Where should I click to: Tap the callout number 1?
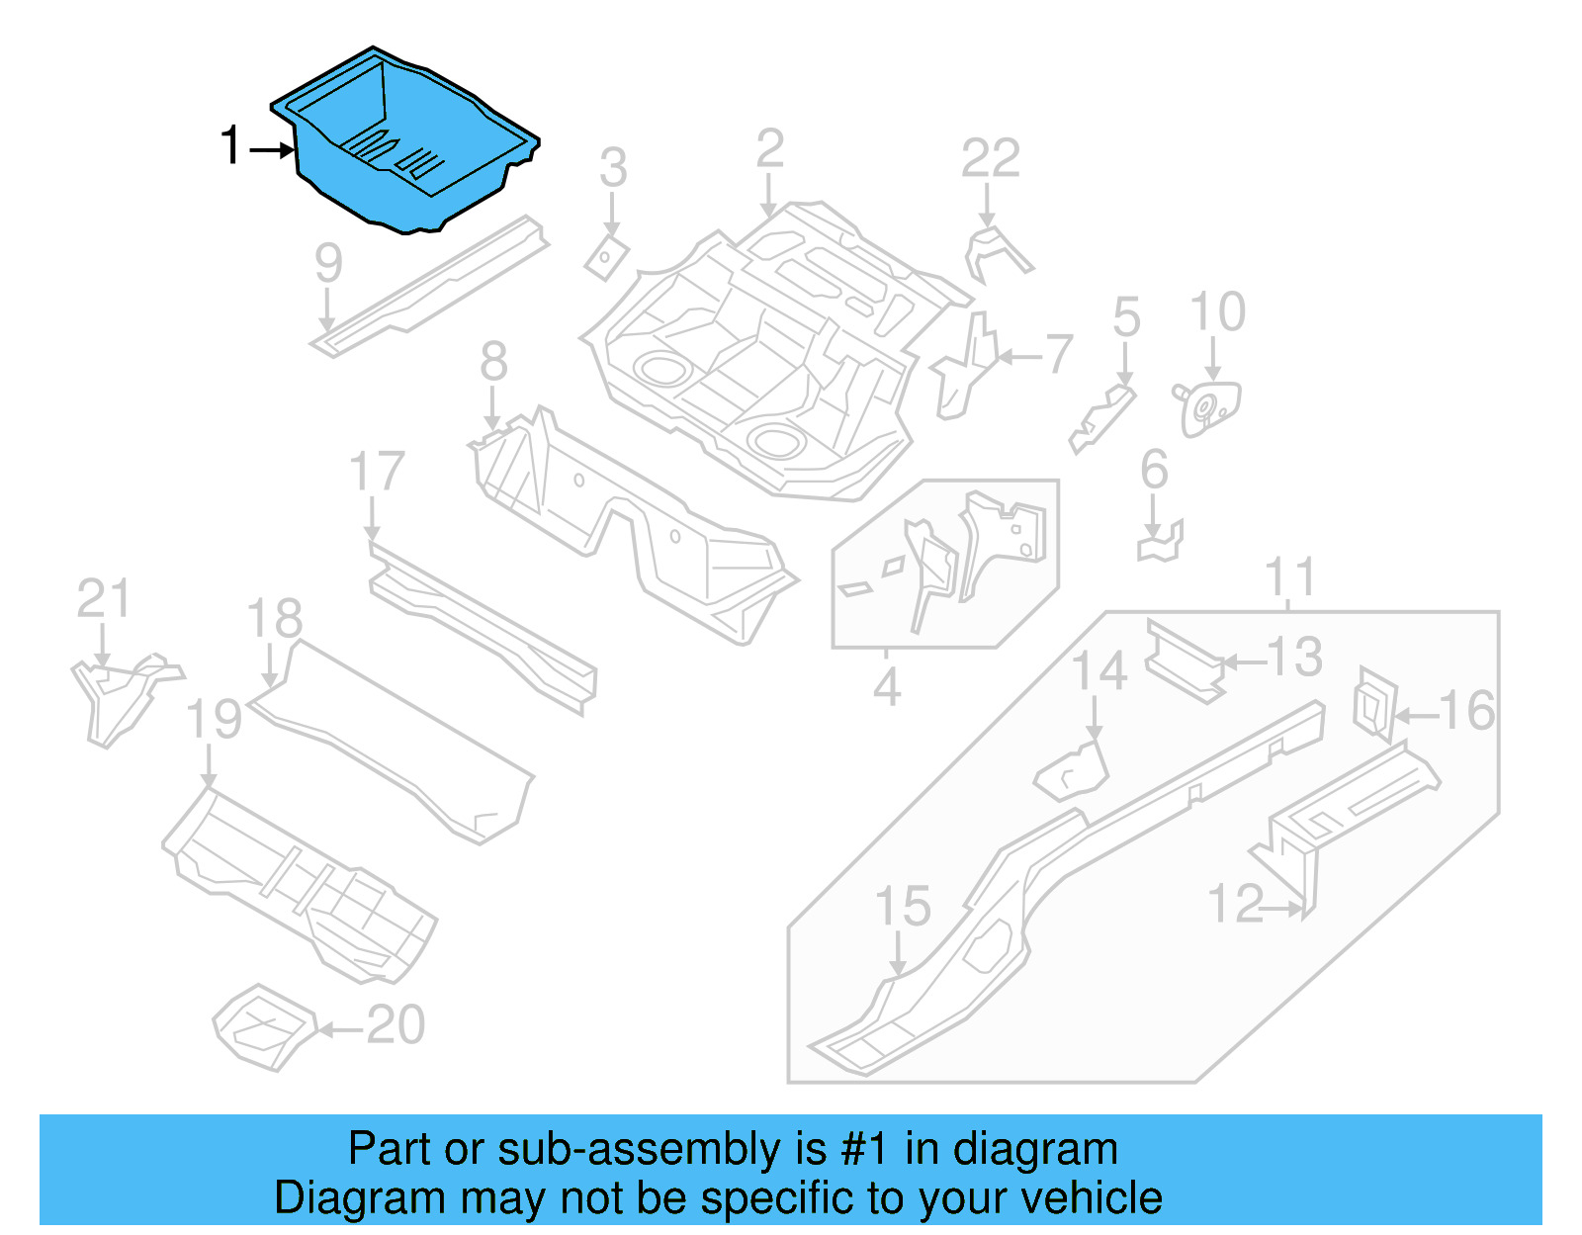pos(229,146)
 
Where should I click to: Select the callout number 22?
pos(990,159)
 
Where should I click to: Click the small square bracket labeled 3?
pos(605,258)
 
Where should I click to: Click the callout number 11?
pos(1289,577)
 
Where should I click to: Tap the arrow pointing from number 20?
pos(339,1029)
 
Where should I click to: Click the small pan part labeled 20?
pos(263,1026)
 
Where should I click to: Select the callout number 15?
pos(903,907)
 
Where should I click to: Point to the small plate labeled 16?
pos(1373,704)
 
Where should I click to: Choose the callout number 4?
pos(886,686)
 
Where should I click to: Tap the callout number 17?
pos(377,472)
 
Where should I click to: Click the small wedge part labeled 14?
pos(1073,769)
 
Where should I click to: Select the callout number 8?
pos(493,361)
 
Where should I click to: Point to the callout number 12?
pos(1235,904)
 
